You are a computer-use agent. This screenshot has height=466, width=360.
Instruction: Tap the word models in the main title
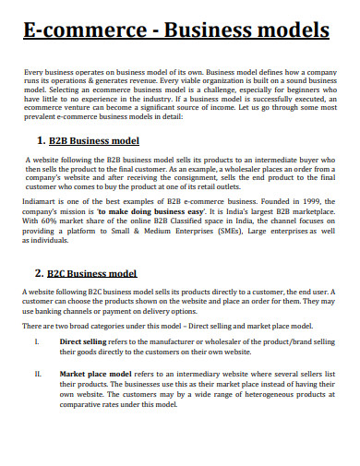[x=286, y=30]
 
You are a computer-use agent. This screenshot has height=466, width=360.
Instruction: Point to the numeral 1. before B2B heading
[x=41, y=141]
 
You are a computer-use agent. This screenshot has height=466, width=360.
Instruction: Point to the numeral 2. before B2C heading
[x=40, y=273]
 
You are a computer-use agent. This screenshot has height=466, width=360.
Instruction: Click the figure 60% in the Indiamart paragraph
[x=49, y=221]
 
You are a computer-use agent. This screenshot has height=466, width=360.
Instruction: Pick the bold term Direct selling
[x=82, y=341]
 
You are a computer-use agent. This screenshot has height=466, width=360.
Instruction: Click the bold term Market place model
[x=90, y=375]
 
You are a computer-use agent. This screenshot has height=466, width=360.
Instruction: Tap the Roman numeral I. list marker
[x=36, y=341]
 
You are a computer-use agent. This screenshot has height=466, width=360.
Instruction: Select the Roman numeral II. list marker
[x=37, y=375]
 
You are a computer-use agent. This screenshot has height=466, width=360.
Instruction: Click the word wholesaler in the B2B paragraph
[x=253, y=169]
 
